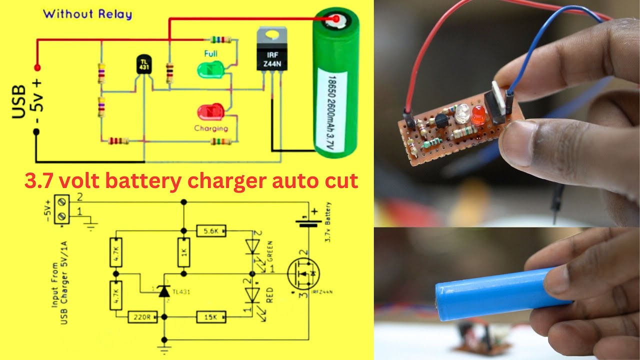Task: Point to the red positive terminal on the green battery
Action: click(334, 20)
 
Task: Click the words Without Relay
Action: click(87, 14)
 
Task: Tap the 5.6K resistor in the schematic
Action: click(211, 231)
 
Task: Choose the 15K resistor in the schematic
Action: click(211, 316)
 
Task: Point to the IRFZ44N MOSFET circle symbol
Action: click(304, 274)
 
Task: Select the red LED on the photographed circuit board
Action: click(477, 115)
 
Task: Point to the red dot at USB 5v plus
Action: click(36, 67)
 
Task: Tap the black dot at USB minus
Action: click(36, 132)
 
